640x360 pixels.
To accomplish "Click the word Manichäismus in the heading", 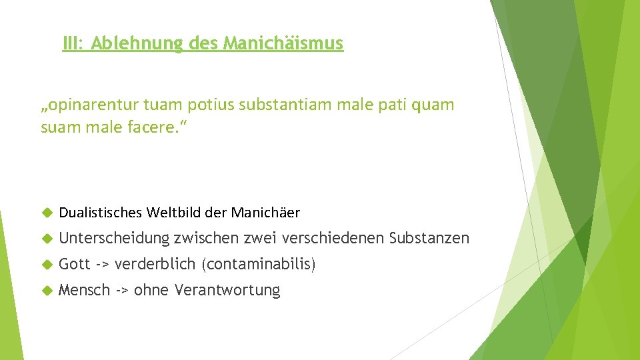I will tap(283, 44).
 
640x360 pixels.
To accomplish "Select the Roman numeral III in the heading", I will tap(71, 44).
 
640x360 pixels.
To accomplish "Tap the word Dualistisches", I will tap(101, 213).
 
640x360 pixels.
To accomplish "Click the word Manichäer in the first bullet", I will tap(265, 213).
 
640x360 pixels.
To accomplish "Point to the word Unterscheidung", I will tap(114, 238).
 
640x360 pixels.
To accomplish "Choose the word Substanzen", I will tap(429, 238).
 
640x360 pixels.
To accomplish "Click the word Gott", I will tap(74, 264).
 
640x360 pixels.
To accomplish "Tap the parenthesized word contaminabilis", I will tap(257, 265).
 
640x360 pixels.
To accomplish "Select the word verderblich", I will tap(154, 264).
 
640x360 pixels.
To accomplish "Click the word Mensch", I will tap(84, 290).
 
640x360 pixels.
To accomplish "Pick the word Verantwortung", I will tap(227, 290).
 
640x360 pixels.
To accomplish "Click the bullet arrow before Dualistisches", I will tap(46, 213).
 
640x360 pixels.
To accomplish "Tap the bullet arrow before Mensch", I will tap(46, 290).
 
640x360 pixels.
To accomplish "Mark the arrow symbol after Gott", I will tap(103, 265).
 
